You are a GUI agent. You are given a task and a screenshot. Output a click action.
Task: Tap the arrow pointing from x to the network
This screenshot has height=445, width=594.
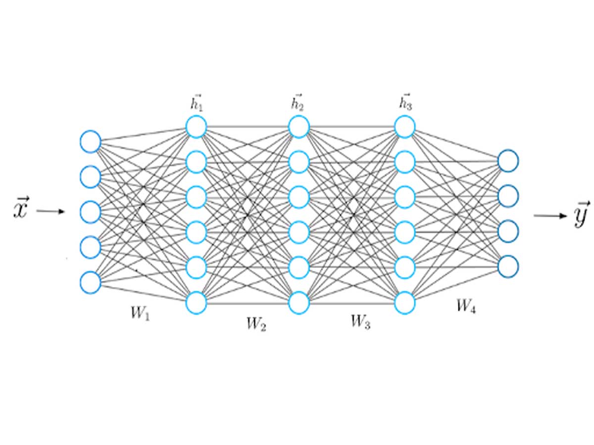click(x=51, y=212)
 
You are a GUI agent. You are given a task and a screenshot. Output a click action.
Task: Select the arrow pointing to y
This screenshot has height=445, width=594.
click(x=550, y=216)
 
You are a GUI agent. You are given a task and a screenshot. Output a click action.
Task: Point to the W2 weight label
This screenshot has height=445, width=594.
click(x=256, y=324)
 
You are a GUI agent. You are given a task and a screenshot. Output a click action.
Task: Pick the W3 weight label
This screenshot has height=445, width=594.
click(x=360, y=322)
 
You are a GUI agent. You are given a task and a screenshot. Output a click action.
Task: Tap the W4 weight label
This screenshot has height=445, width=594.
click(x=466, y=307)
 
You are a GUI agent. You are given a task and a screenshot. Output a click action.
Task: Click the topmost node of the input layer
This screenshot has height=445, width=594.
click(x=90, y=141)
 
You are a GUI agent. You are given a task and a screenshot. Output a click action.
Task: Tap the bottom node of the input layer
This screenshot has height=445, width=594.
click(x=90, y=282)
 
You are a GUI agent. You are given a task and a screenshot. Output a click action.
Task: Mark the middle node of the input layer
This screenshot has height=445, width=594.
click(x=90, y=212)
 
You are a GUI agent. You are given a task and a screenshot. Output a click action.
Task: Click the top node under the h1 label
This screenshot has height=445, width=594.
click(x=196, y=127)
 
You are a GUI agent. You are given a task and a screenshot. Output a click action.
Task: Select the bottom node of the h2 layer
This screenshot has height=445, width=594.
click(x=298, y=302)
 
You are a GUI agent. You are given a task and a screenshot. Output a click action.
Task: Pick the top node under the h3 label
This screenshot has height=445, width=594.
click(x=404, y=127)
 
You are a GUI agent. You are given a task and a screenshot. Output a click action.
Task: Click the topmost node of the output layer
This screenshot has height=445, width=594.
click(x=508, y=161)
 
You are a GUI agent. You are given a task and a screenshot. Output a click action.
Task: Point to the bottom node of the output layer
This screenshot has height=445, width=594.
click(x=508, y=267)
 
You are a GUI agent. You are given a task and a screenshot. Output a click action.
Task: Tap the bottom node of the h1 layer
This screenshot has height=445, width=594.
click(x=196, y=302)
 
